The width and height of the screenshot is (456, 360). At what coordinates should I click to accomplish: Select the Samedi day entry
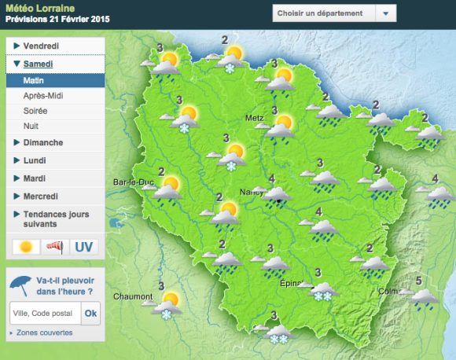point(40,64)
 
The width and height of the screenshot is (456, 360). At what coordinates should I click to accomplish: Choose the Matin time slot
point(34,80)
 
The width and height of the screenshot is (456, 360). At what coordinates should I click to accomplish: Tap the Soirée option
point(36,111)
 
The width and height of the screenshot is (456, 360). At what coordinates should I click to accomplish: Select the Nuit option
point(31,126)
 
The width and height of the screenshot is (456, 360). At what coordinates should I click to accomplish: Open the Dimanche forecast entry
point(43,142)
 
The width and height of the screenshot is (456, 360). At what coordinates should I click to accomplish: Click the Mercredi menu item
point(44,196)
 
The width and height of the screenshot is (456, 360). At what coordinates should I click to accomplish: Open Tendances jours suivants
point(56,219)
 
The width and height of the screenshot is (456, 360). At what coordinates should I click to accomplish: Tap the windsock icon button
point(56,247)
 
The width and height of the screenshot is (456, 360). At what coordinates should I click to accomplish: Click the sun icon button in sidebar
point(26,247)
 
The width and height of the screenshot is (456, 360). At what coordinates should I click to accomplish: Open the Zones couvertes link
point(44,332)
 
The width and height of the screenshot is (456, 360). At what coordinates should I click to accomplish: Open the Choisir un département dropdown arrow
point(384,13)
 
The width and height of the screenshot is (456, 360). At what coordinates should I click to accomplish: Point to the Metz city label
point(254,118)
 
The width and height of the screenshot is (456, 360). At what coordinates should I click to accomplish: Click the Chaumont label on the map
point(132,297)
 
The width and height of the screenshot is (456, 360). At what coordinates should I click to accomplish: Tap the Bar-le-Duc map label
point(134,182)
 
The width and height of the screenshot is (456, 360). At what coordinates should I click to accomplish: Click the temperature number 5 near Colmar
point(419,281)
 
